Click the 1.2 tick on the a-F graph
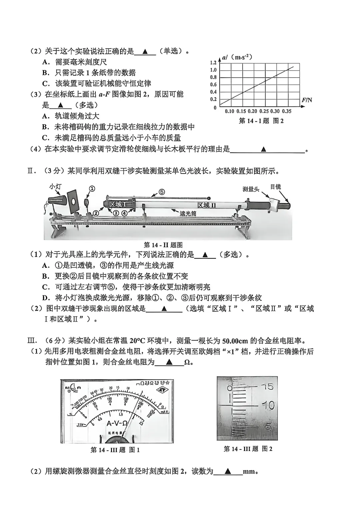(213, 63)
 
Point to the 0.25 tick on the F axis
(263, 111)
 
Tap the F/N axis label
(307, 100)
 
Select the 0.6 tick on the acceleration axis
(213, 85)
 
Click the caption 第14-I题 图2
(261, 121)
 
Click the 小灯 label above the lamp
(55, 187)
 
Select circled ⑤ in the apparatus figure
(161, 192)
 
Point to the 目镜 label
(275, 187)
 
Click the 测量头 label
(251, 189)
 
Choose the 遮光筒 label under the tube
(188, 214)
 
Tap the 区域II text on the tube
(206, 205)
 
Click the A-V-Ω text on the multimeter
(117, 424)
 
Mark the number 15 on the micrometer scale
(267, 387)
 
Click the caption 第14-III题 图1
(115, 450)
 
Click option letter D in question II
(46, 298)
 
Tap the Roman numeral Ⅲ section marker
(31, 341)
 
